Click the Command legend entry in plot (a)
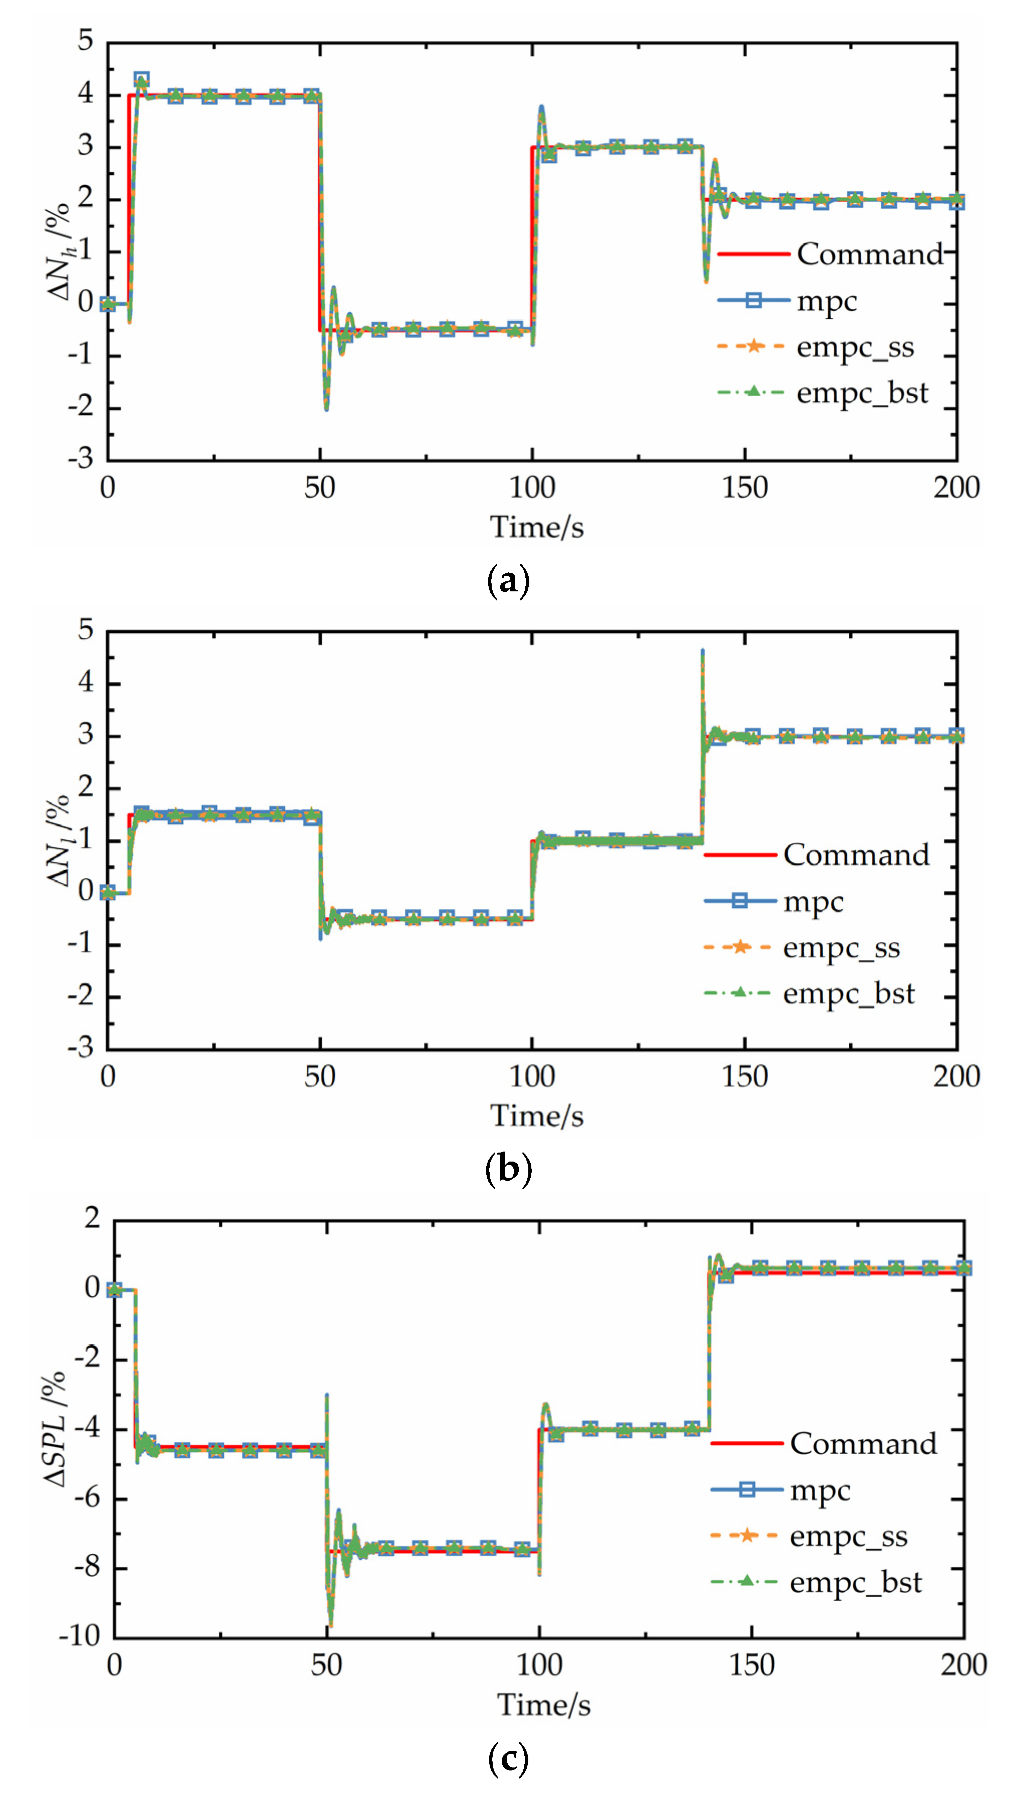(x=869, y=253)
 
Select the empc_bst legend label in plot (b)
(x=848, y=993)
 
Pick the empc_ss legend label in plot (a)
(x=855, y=346)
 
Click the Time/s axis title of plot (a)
(x=537, y=527)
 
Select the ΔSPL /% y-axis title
(x=55, y=1429)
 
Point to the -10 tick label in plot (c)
(x=79, y=1636)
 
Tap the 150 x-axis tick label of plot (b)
(x=745, y=1076)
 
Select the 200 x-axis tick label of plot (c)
(x=963, y=1665)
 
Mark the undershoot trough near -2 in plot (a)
(x=326, y=409)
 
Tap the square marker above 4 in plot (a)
(x=142, y=79)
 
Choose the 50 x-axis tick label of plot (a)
(x=319, y=488)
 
